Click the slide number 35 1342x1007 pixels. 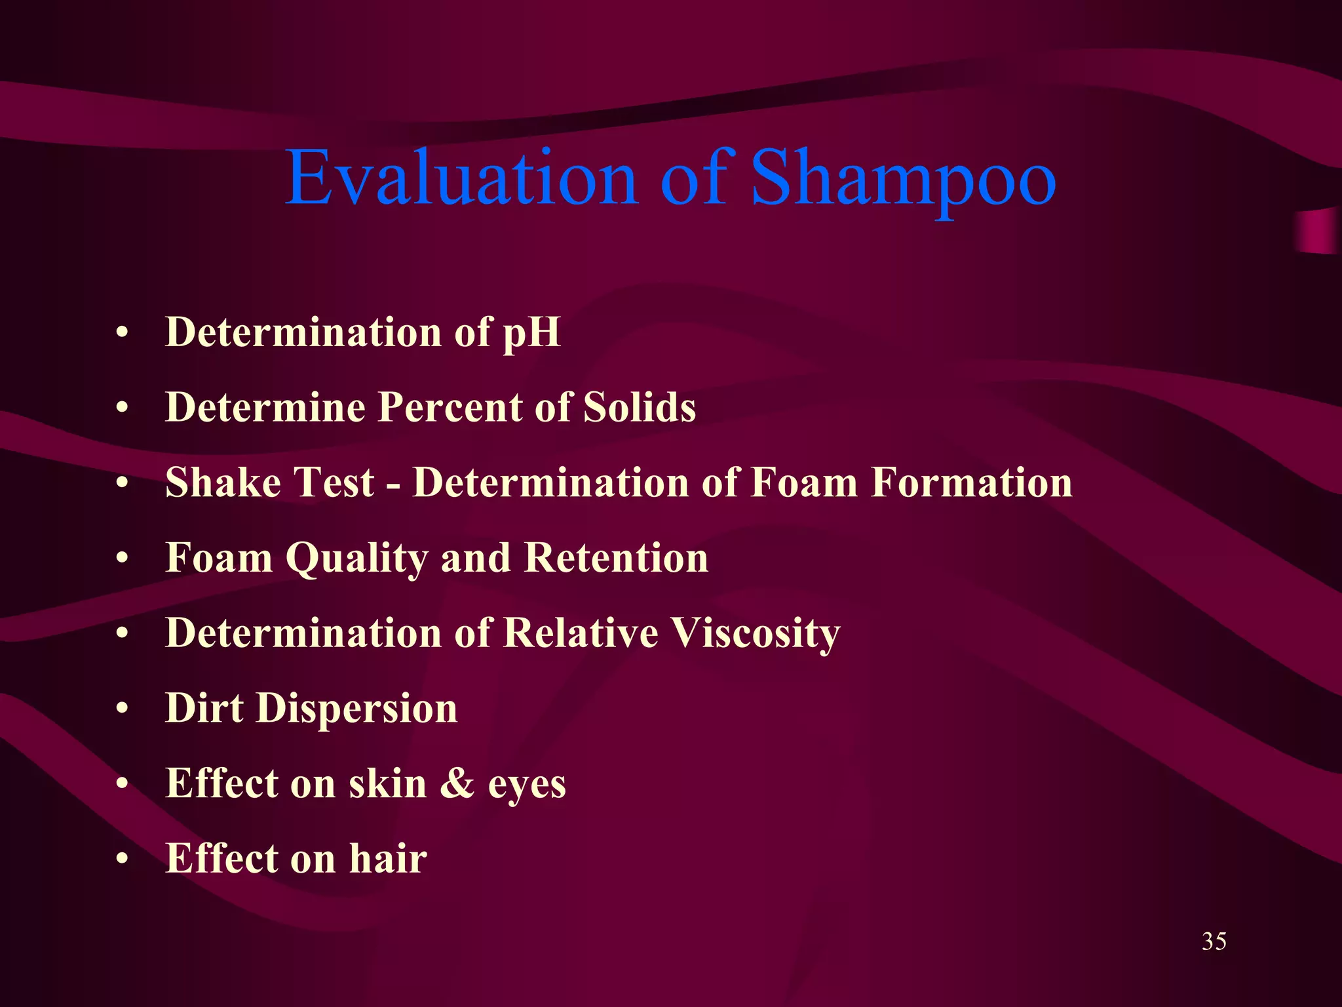[1214, 941]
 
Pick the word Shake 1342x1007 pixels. [223, 483]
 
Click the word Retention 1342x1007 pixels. [616, 558]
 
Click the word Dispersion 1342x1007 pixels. [356, 709]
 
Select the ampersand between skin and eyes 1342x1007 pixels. [457, 783]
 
